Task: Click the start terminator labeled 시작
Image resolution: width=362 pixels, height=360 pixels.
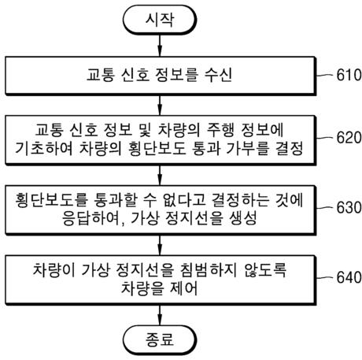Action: (x=161, y=20)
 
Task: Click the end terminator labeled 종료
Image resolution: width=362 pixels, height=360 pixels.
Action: (x=161, y=340)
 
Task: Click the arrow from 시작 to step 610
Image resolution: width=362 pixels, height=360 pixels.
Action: (x=161, y=47)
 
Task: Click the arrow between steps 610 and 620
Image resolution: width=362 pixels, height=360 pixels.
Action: (x=161, y=103)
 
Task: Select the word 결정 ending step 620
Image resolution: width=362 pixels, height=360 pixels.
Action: (x=284, y=147)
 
